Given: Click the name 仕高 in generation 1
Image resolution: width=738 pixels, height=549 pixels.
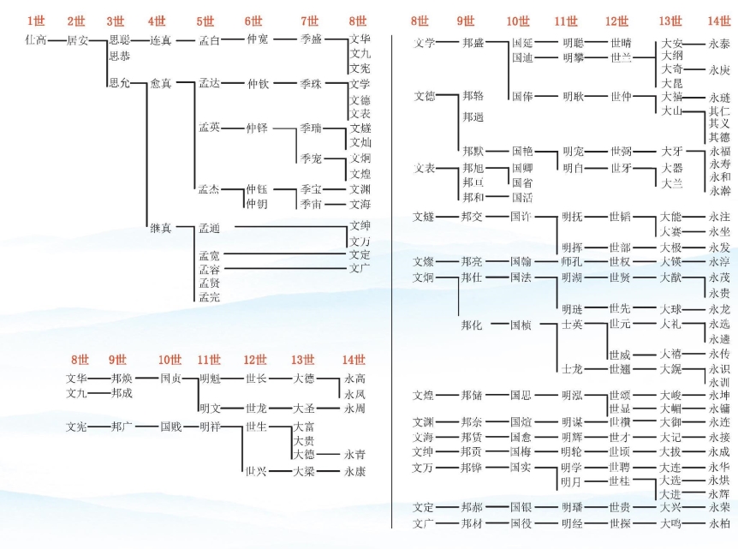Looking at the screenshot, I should point(36,39).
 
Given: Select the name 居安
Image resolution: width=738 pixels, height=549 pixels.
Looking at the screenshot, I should point(77,39).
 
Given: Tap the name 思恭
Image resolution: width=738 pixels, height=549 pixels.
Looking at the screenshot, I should point(120,56).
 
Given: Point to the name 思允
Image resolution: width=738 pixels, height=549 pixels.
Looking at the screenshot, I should point(120,83).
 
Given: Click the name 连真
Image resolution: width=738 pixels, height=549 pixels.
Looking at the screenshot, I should point(161,39).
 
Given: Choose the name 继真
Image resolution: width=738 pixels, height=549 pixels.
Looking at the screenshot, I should point(161,228).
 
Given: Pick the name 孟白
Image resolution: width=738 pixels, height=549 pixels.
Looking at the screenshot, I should point(210,39).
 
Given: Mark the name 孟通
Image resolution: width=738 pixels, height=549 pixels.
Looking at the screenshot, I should point(210,228).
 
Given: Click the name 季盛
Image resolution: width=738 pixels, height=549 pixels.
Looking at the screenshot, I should point(311,39).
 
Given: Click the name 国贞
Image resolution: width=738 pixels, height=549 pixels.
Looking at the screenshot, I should point(170,378).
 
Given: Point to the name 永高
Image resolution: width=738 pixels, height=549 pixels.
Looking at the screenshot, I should point(354,378).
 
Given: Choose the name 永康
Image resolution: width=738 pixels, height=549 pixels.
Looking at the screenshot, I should point(354,471).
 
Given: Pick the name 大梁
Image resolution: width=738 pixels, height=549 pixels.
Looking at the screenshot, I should point(303,471).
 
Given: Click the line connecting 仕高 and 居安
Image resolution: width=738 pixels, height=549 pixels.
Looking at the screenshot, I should point(57,39).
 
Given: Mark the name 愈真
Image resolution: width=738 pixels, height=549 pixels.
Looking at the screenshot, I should point(161,83).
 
